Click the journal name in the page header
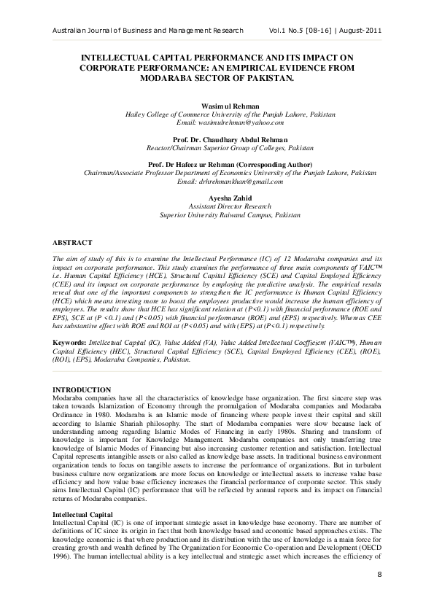click(138, 31)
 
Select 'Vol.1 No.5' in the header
click(281, 31)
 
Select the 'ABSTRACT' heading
click(72, 241)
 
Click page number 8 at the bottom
click(379, 596)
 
